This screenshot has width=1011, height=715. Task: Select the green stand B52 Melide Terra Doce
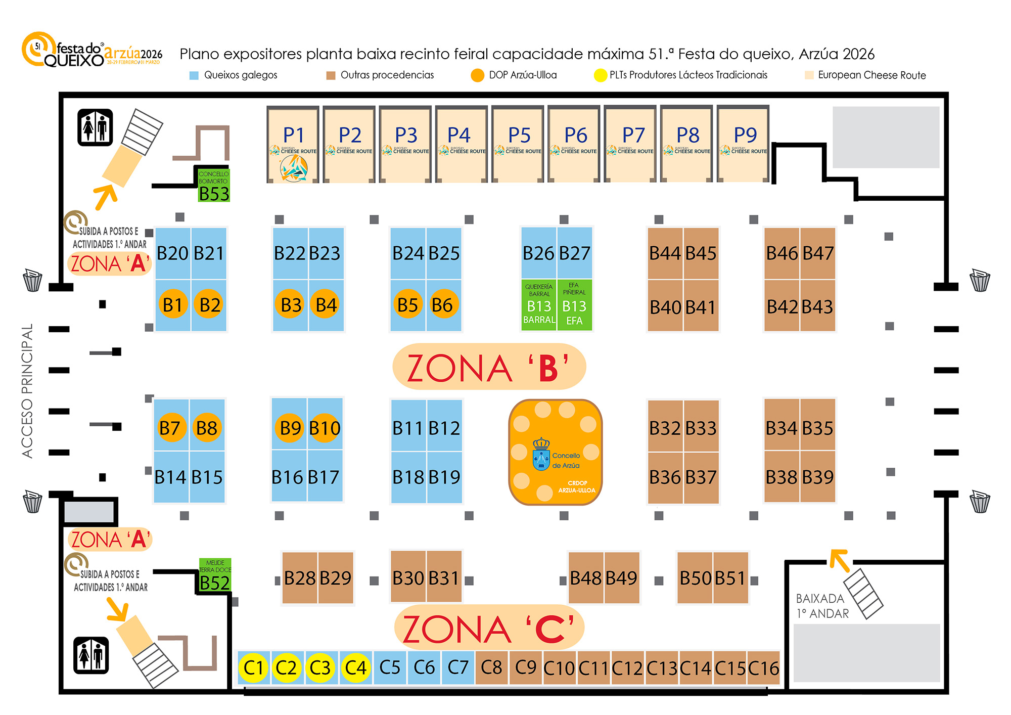click(x=215, y=576)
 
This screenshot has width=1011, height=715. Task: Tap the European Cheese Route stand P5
click(x=519, y=144)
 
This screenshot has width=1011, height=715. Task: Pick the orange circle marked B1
click(x=173, y=304)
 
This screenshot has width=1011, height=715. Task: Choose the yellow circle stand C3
click(x=320, y=667)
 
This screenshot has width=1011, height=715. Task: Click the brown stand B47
click(x=818, y=253)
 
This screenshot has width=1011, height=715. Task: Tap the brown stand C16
click(x=763, y=668)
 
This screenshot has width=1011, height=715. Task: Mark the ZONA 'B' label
click(x=489, y=367)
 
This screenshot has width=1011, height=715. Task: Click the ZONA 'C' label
click(x=489, y=629)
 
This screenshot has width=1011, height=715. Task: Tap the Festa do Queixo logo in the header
click(x=91, y=51)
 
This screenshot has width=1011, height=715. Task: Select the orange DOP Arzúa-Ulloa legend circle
click(x=477, y=75)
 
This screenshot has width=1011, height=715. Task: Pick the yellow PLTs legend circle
click(x=600, y=75)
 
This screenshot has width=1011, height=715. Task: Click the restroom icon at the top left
click(x=95, y=127)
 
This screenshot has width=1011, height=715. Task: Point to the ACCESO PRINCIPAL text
click(x=27, y=391)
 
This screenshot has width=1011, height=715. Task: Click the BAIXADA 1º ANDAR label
click(x=822, y=606)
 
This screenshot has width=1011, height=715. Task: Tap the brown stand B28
click(x=300, y=578)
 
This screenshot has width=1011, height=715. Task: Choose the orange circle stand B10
click(x=325, y=428)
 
